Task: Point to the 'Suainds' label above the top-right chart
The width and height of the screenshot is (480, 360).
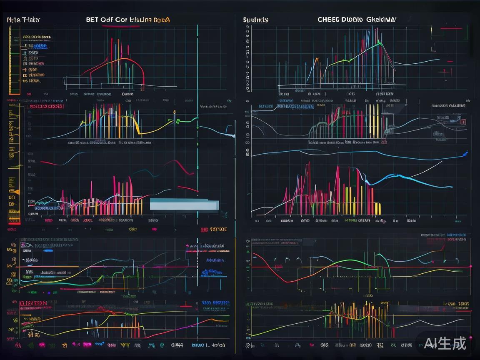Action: tap(256, 20)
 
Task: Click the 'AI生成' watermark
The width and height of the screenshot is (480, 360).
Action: tap(445, 343)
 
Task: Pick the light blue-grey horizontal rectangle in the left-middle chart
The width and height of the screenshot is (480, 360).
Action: tap(184, 204)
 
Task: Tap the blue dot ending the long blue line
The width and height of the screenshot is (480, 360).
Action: tap(465, 155)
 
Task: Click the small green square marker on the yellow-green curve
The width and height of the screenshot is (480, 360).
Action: tap(177, 121)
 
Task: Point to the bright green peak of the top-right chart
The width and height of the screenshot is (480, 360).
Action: tap(378, 42)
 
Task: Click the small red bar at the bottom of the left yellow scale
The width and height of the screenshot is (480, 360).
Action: tap(14, 224)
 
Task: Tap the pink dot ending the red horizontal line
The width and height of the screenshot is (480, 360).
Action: tap(470, 266)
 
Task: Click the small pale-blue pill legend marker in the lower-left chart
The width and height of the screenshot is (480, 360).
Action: tap(47, 251)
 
